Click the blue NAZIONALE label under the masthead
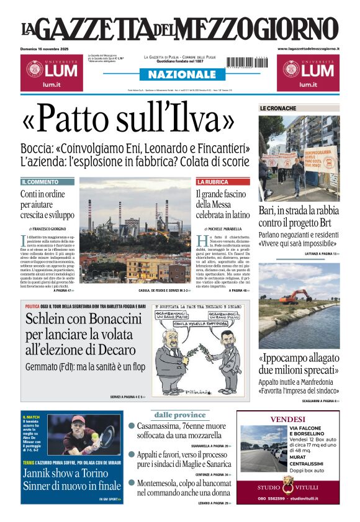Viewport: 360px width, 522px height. tap(178, 74)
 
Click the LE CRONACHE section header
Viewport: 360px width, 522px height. tap(277, 109)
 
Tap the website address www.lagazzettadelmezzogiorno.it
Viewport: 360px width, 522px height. tap(308, 48)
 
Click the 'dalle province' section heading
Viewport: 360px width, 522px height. tap(180, 415)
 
